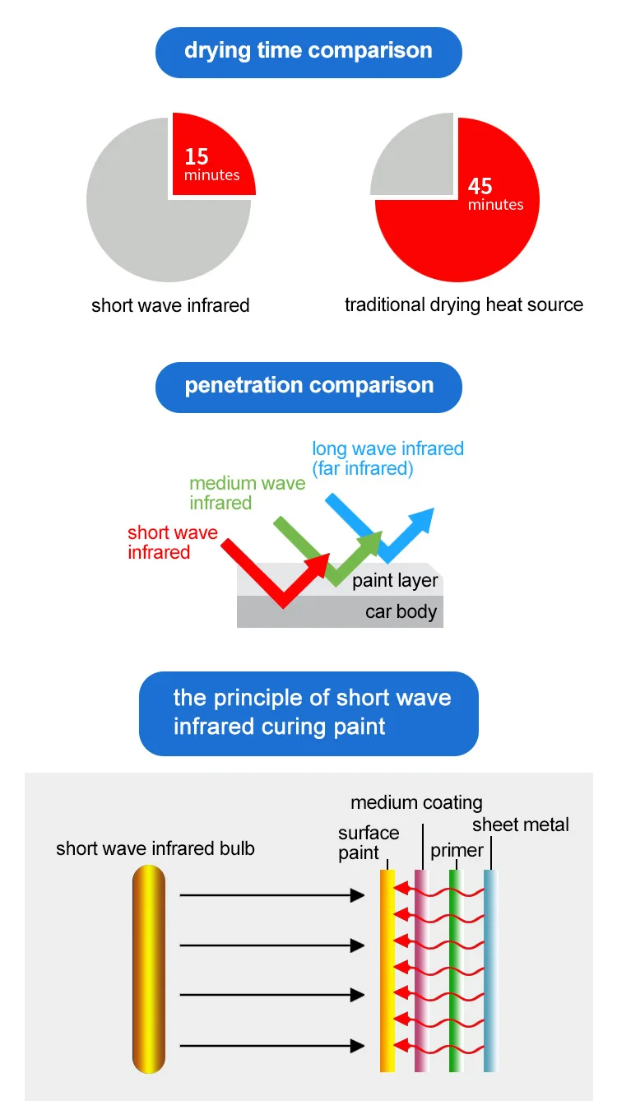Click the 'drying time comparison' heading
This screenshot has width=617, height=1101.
tap(308, 51)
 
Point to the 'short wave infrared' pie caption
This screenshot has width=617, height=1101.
tap(170, 306)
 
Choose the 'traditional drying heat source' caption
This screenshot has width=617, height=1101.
tap(464, 305)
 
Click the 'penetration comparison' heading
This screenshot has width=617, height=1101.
tap(308, 386)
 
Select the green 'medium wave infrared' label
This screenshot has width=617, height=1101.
tap(247, 493)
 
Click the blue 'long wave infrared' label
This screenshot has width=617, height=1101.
tap(387, 459)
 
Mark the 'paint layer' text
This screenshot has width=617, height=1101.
tap(395, 582)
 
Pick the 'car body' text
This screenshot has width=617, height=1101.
tap(401, 612)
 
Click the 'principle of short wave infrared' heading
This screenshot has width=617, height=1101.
tap(308, 713)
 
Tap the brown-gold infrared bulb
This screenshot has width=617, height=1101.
tap(148, 971)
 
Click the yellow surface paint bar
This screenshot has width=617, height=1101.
tap(387, 971)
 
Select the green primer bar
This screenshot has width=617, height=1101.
tap(454, 971)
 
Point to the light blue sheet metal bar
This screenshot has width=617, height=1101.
tap(490, 971)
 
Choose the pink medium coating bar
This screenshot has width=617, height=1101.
tap(421, 971)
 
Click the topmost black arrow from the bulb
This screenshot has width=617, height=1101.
tap(271, 895)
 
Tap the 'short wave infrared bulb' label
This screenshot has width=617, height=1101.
tap(155, 849)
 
